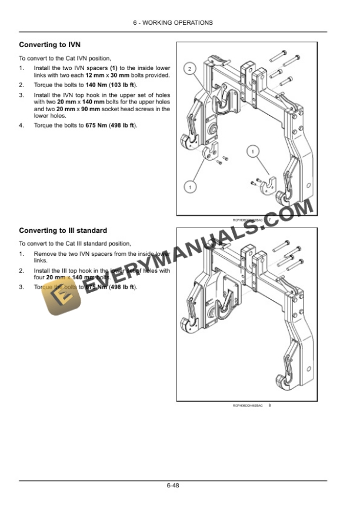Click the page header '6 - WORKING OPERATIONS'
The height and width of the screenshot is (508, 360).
(180, 22)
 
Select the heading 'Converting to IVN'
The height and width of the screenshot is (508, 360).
(50, 45)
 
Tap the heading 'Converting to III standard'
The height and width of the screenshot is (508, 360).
(63, 230)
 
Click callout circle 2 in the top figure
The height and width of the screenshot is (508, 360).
(189, 69)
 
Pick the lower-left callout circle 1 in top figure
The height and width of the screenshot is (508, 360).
(189, 186)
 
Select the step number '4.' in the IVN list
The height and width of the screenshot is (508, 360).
(22, 126)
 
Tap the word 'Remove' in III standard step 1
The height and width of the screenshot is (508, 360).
(45, 253)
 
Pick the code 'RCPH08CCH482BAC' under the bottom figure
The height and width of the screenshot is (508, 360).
(248, 405)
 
